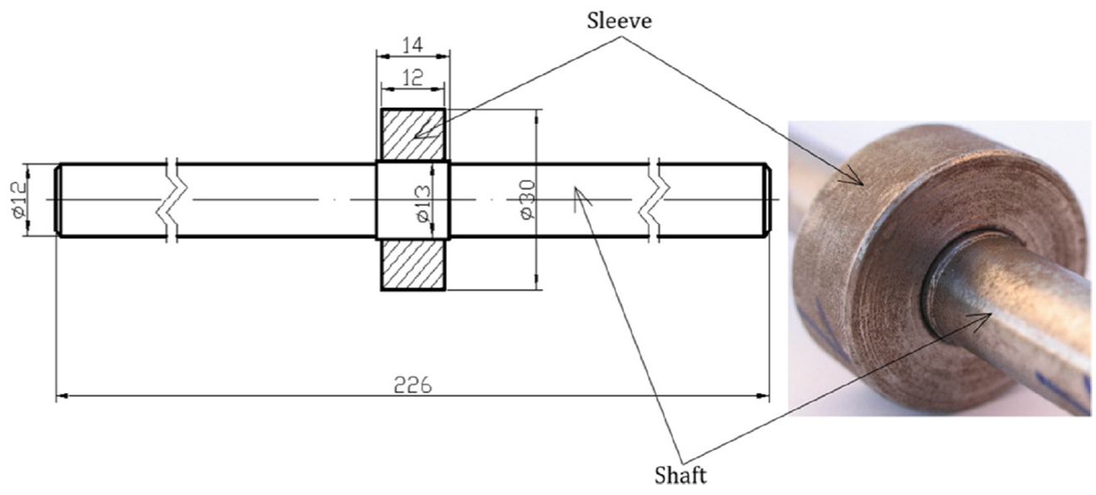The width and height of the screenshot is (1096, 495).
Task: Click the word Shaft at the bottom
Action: (680, 476)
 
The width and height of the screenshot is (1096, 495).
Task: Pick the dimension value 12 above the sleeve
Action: (412, 78)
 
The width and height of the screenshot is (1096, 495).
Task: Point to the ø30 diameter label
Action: (526, 200)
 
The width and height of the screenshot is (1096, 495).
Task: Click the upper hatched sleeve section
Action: (413, 135)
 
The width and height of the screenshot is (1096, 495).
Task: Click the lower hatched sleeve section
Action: (413, 264)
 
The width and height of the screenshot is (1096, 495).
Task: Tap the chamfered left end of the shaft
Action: (58, 200)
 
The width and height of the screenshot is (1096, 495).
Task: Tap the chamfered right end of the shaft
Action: (767, 200)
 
